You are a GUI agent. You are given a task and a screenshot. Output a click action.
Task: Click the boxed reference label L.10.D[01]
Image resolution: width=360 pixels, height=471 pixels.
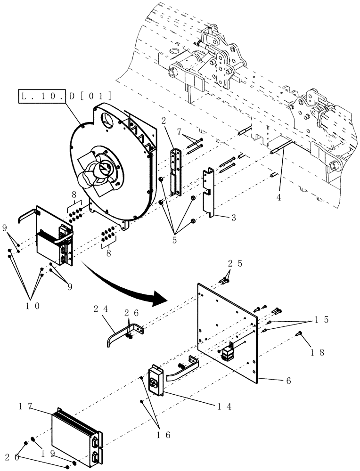(x=65, y=97)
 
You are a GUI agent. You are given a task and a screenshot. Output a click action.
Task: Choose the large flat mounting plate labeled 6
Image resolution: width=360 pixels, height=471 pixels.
(x=226, y=330)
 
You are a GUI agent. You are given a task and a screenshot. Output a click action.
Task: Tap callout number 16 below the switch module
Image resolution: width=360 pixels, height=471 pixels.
(x=165, y=436)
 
